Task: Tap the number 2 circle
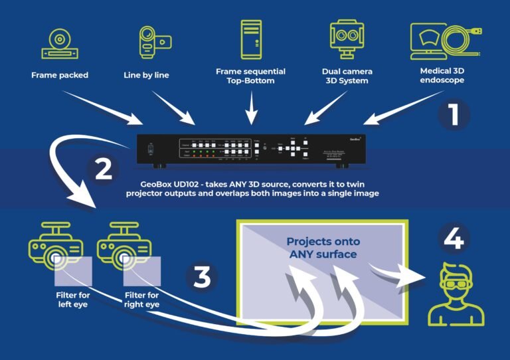104,169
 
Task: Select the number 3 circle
202,277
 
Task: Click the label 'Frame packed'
59,75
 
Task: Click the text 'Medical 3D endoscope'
442,75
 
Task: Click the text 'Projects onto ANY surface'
322,248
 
